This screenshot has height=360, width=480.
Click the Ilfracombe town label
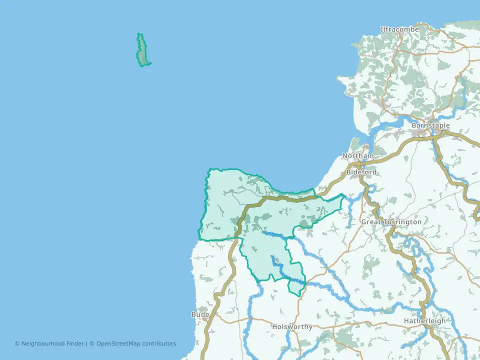pos(399,29)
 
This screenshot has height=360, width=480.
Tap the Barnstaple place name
pos(430,125)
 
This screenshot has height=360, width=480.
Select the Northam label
pos(357,156)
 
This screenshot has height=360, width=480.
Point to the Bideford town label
pos(361,172)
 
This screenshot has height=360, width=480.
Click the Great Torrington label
pos(391,222)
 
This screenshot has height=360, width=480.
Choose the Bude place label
pos(200,314)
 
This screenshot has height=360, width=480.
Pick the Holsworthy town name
pos(292,327)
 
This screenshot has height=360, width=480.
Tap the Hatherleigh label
pos(424,321)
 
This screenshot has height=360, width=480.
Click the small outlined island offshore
pos(143,50)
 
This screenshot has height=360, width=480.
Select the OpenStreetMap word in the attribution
pos(118,343)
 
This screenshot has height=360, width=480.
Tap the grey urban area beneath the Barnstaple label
pos(425,133)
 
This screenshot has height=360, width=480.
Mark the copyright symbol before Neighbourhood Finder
pos(17,343)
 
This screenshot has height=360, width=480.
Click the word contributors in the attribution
pos(159,343)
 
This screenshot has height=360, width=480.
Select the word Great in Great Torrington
pos(371,222)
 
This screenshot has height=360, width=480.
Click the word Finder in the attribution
pos(75,343)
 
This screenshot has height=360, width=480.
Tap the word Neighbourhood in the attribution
pos(43,343)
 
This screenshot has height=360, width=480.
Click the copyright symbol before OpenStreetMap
pos(92,343)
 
